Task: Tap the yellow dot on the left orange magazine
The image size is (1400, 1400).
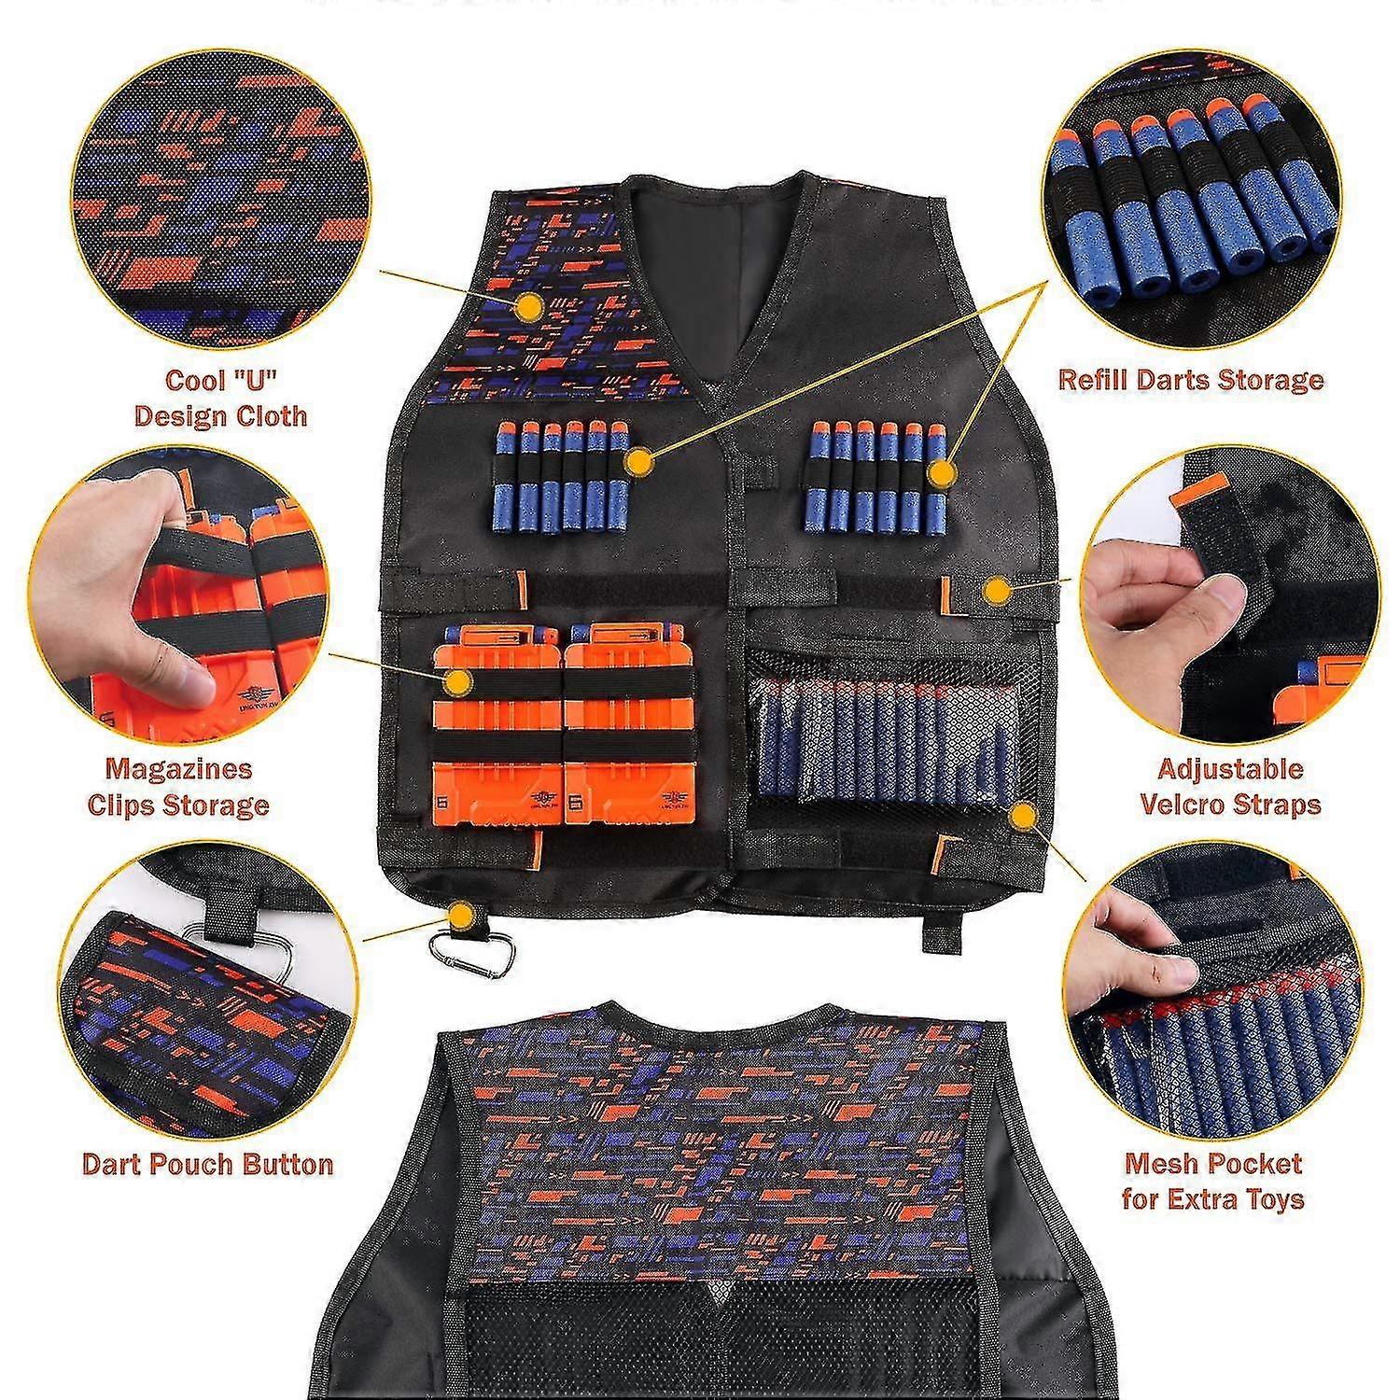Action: point(456,682)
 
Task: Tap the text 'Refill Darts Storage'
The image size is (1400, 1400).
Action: point(1190,380)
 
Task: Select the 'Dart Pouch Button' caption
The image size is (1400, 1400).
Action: point(207,1164)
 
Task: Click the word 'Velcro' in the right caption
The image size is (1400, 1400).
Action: point(1188,805)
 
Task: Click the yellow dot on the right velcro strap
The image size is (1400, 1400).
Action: point(997,590)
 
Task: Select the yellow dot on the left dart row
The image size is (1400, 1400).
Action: point(638,461)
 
